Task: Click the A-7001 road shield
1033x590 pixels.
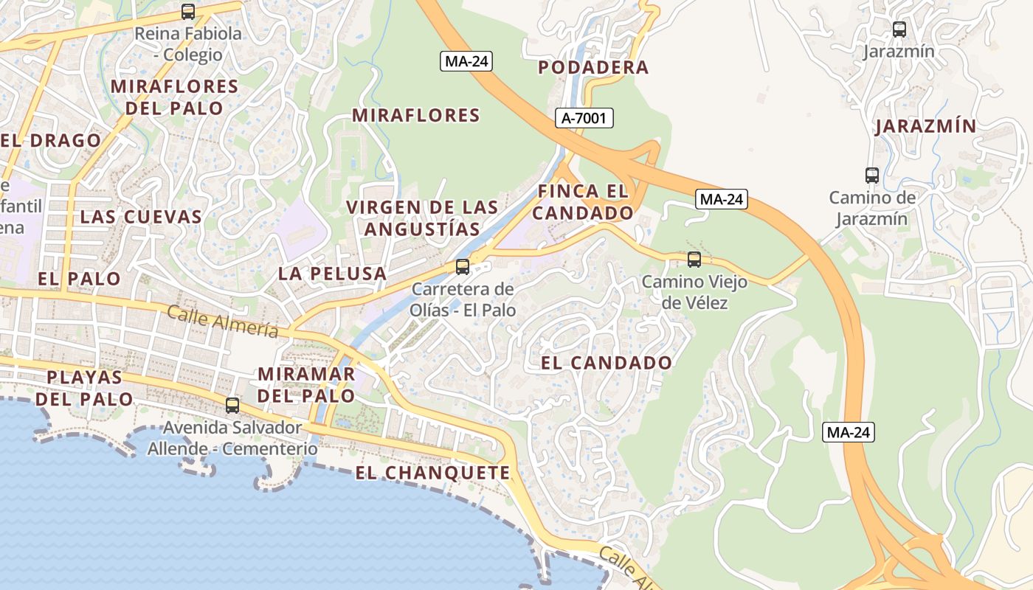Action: [x=584, y=117]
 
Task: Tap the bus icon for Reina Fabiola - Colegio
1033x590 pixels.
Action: [x=188, y=12]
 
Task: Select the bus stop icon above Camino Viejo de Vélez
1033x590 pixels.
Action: [x=694, y=259]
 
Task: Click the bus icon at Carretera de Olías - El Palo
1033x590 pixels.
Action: [x=463, y=267]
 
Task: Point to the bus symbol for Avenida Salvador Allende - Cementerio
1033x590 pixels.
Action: [x=232, y=405]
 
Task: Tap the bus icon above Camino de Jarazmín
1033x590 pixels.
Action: [x=872, y=176]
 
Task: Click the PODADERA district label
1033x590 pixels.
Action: [x=593, y=68]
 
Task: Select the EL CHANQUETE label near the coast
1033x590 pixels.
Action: [x=432, y=473]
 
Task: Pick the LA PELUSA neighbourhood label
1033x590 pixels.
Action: [x=332, y=274]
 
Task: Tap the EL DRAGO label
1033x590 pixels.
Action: [x=51, y=140]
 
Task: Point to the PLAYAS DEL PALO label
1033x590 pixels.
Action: [x=84, y=388]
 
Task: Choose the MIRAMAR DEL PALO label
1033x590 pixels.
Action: [x=306, y=384]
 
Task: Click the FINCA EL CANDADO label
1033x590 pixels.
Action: [x=583, y=202]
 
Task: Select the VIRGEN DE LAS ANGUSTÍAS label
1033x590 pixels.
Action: [x=422, y=218]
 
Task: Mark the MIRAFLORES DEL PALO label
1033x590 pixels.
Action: [x=174, y=97]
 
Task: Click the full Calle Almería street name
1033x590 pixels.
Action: [x=223, y=322]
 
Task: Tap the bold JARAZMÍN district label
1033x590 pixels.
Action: [x=925, y=126]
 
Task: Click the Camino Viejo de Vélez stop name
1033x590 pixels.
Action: [x=694, y=292]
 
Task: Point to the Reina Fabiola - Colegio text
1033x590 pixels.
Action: [x=188, y=44]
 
